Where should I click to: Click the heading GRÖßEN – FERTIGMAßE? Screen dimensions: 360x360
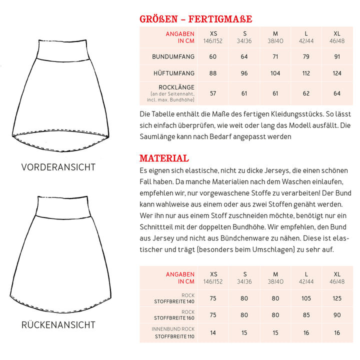pos(195,19)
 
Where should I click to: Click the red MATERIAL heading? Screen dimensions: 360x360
pos(164,158)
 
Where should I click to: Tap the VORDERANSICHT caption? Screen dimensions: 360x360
pos(58,167)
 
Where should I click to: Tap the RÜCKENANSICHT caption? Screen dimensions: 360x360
pos(58,325)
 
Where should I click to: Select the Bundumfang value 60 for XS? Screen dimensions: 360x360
pos(213,56)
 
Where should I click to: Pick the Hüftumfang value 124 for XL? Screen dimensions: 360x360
pos(337,73)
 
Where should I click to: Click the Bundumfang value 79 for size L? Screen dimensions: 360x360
pos(306,56)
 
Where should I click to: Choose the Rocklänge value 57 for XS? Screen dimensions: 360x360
pos(213,93)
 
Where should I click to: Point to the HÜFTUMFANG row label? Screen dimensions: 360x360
pos(173,73)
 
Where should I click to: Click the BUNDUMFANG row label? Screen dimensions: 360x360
pos(173,56)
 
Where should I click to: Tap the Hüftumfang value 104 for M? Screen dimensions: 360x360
pos(275,73)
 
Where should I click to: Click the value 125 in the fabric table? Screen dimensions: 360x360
pos(337,298)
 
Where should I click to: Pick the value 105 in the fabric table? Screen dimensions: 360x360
pos(306,298)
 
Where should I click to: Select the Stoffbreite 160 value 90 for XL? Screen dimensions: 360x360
pos(337,315)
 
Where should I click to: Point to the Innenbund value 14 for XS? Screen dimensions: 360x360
pos(213,332)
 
